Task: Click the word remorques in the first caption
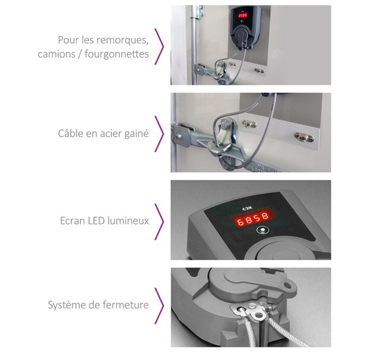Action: tap(124, 40)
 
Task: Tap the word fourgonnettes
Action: tap(116, 54)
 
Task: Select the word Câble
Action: tap(71, 133)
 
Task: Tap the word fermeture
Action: tap(126, 305)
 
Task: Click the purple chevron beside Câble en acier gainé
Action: tap(159, 134)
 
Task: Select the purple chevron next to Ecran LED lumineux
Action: tap(159, 222)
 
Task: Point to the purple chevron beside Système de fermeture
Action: tap(159, 306)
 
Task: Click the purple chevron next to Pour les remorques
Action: tap(159, 46)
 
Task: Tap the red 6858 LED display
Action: tap(252, 219)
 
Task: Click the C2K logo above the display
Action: tap(247, 208)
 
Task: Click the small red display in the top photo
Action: tap(242, 15)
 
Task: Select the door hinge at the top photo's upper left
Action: tap(197, 12)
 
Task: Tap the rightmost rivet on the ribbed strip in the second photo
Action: tap(304, 137)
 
